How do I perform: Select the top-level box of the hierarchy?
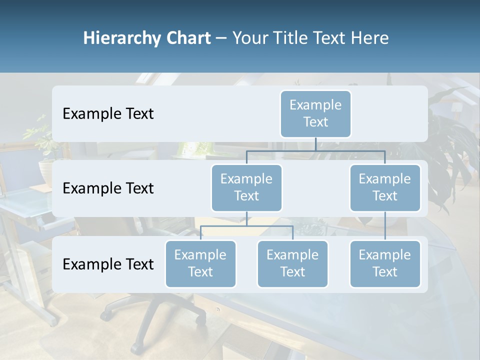click(x=315, y=113)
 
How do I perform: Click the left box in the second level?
click(x=246, y=187)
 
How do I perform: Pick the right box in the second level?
click(x=385, y=187)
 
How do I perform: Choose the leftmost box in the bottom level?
click(x=200, y=263)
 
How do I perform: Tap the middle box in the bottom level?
click(x=292, y=263)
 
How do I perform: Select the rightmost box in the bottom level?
click(x=385, y=263)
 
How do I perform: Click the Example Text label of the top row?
click(x=108, y=114)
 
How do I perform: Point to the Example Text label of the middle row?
click(x=108, y=188)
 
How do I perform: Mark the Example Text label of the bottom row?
click(x=108, y=264)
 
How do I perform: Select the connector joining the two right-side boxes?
click(x=385, y=226)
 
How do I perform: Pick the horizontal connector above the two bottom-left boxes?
click(x=246, y=226)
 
